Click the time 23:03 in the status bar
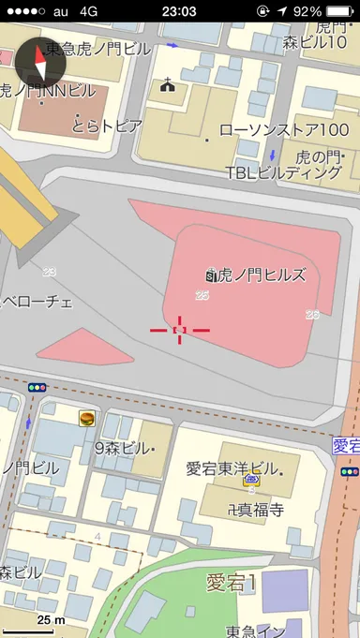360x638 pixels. coord(179,11)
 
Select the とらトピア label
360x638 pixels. coord(108,125)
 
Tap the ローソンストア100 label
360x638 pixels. coord(283,130)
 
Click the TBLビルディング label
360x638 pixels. coord(283,172)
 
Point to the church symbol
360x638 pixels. coord(170,87)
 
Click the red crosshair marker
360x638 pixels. coord(180,330)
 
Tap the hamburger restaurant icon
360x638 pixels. coord(87,419)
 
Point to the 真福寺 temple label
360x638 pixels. coord(249,511)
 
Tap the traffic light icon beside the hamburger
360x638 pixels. coord(37,387)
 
